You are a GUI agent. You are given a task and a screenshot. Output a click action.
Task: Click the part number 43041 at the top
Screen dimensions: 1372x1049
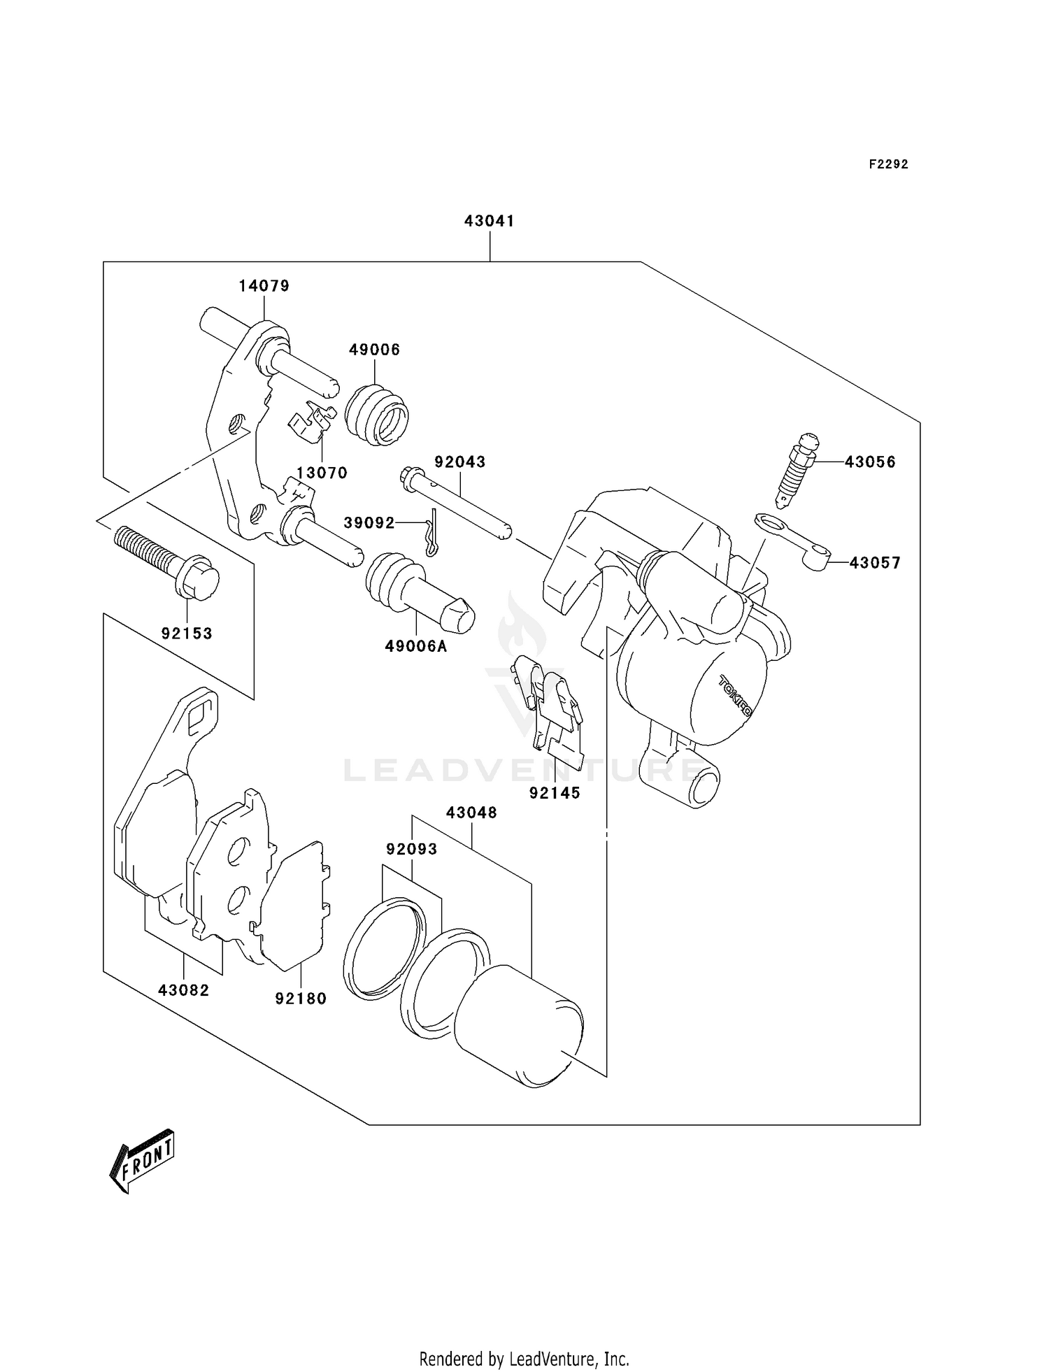(489, 221)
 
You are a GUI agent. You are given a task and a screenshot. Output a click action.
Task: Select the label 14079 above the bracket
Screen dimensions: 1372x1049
(264, 285)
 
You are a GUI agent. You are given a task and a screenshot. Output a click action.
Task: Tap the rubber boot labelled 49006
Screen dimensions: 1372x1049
(377, 415)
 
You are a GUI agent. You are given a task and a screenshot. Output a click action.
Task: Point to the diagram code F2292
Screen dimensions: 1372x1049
(888, 164)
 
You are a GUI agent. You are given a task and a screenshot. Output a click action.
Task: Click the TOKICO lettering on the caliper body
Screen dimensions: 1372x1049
(734, 696)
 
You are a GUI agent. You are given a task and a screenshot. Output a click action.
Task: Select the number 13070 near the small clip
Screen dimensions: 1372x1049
(322, 473)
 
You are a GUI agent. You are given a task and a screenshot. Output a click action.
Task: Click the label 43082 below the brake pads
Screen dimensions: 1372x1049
(183, 990)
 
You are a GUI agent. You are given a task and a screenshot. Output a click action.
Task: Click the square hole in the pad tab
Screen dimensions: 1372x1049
(199, 713)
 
